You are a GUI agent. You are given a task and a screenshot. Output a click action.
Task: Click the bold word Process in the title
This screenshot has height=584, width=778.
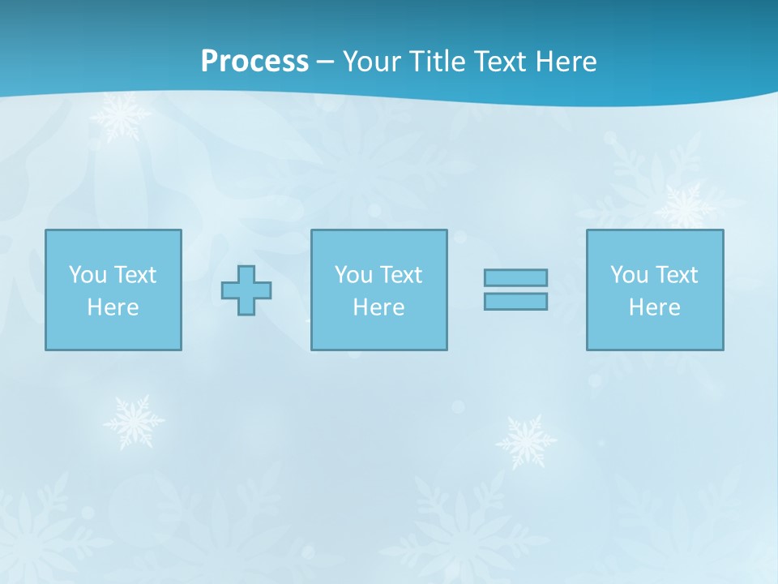pyautogui.click(x=254, y=62)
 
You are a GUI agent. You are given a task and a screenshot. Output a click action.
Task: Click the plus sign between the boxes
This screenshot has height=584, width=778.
pyautogui.click(x=246, y=290)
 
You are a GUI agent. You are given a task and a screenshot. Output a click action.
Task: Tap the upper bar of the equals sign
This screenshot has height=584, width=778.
pyautogui.click(x=515, y=278)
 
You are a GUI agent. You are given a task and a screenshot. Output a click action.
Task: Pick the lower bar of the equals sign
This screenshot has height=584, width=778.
pyautogui.click(x=515, y=302)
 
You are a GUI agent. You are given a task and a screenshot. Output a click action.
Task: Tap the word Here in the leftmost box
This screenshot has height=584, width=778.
pyautogui.click(x=113, y=307)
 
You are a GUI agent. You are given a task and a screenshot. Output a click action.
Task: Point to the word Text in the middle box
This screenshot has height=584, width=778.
pyautogui.click(x=400, y=275)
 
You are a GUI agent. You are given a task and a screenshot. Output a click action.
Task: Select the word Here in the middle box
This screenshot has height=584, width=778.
pyautogui.click(x=379, y=307)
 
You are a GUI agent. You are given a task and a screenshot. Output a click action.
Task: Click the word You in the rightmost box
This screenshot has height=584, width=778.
pyautogui.click(x=630, y=275)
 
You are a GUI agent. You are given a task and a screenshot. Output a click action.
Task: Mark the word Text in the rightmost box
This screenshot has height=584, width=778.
pyautogui.click(x=676, y=275)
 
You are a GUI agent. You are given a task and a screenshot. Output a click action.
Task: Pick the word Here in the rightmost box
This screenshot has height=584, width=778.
pyautogui.click(x=655, y=307)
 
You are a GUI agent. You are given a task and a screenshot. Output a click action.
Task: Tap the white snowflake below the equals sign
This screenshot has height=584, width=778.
pyautogui.click(x=526, y=442)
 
